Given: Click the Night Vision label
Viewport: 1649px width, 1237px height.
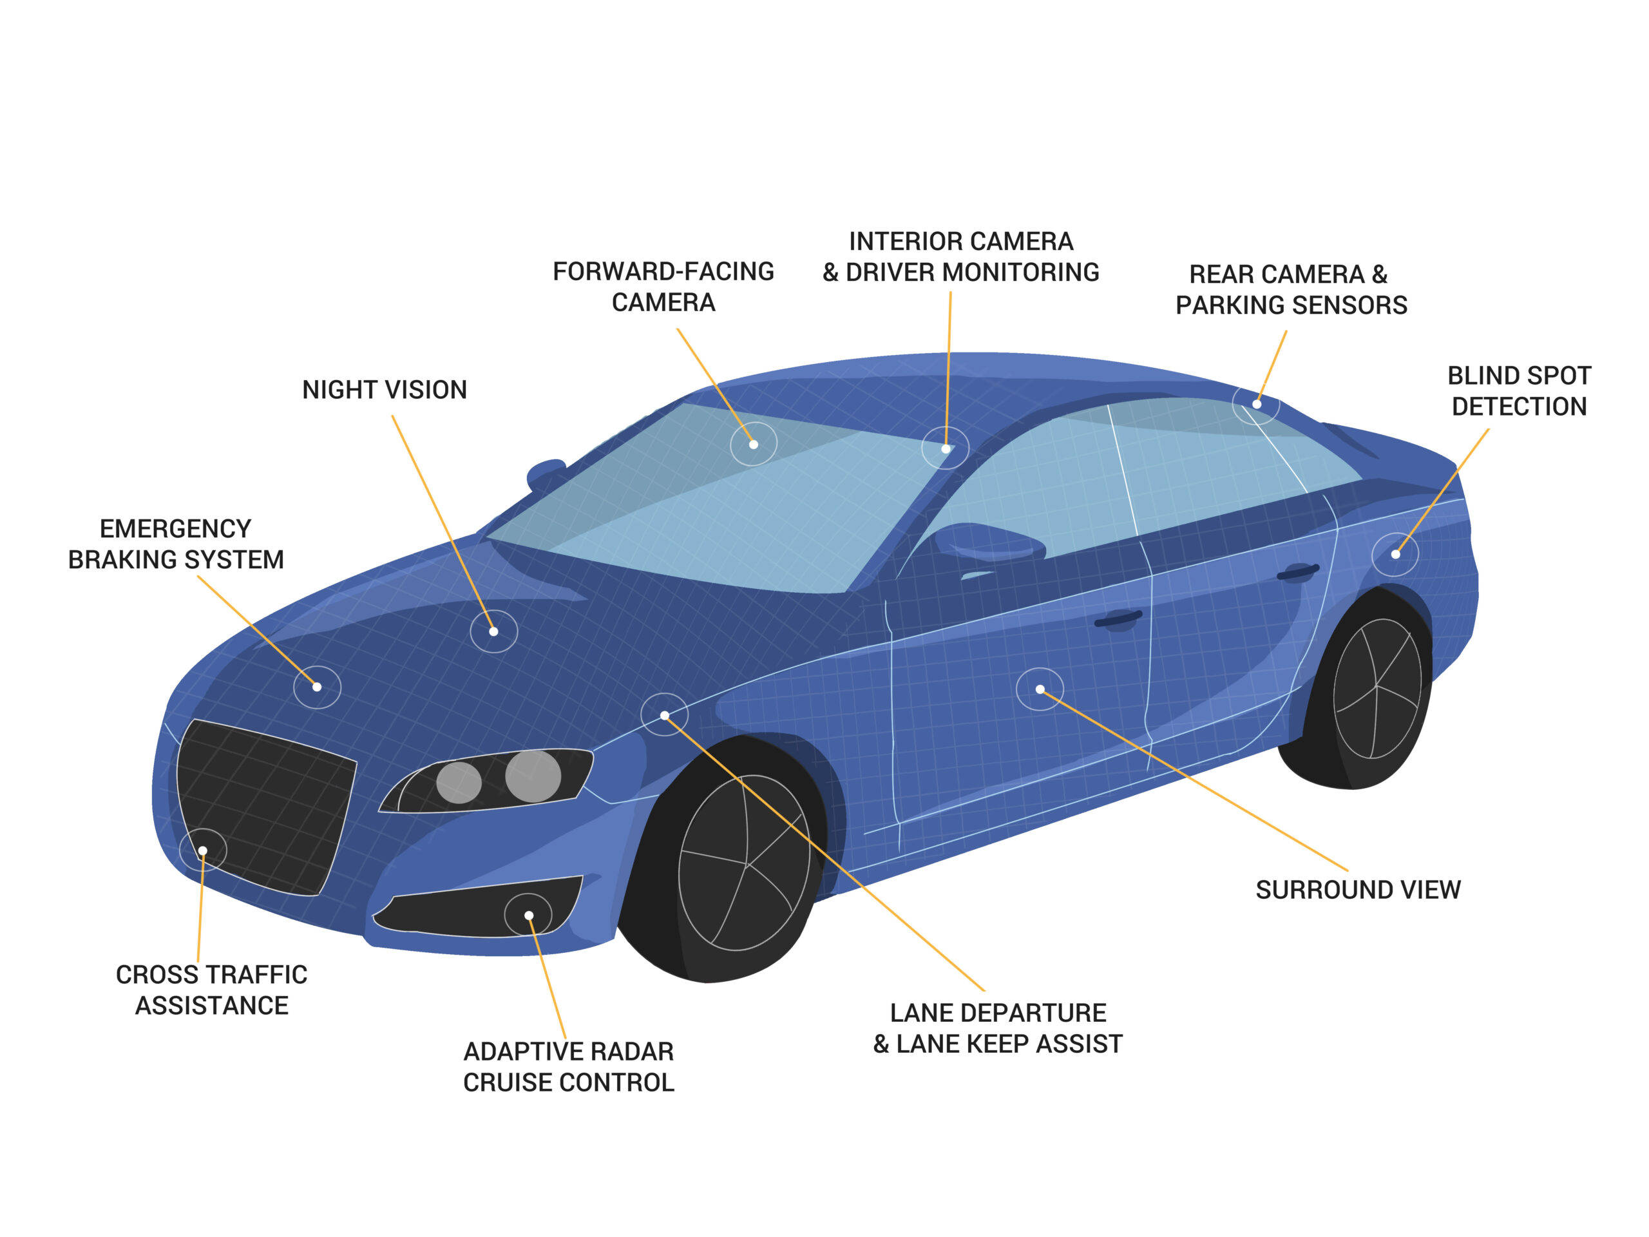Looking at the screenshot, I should point(384,390).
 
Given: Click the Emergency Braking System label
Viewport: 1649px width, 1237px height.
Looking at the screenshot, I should point(176,544).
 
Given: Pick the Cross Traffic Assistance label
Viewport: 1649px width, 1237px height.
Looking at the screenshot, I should point(212,990).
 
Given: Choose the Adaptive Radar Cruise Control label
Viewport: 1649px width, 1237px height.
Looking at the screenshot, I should point(568,1066).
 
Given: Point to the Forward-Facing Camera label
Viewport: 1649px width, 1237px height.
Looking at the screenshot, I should point(663,286).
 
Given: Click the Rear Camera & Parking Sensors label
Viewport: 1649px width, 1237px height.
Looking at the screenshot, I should point(1290,289).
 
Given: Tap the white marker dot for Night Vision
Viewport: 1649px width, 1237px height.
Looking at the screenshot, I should point(493,631).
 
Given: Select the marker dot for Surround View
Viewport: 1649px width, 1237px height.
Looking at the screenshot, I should point(1040,689).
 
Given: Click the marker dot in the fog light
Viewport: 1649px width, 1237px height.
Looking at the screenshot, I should point(529,916).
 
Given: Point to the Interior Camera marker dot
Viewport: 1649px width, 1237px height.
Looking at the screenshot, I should point(945,449).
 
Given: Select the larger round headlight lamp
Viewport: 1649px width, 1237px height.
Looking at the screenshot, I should point(533,776).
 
